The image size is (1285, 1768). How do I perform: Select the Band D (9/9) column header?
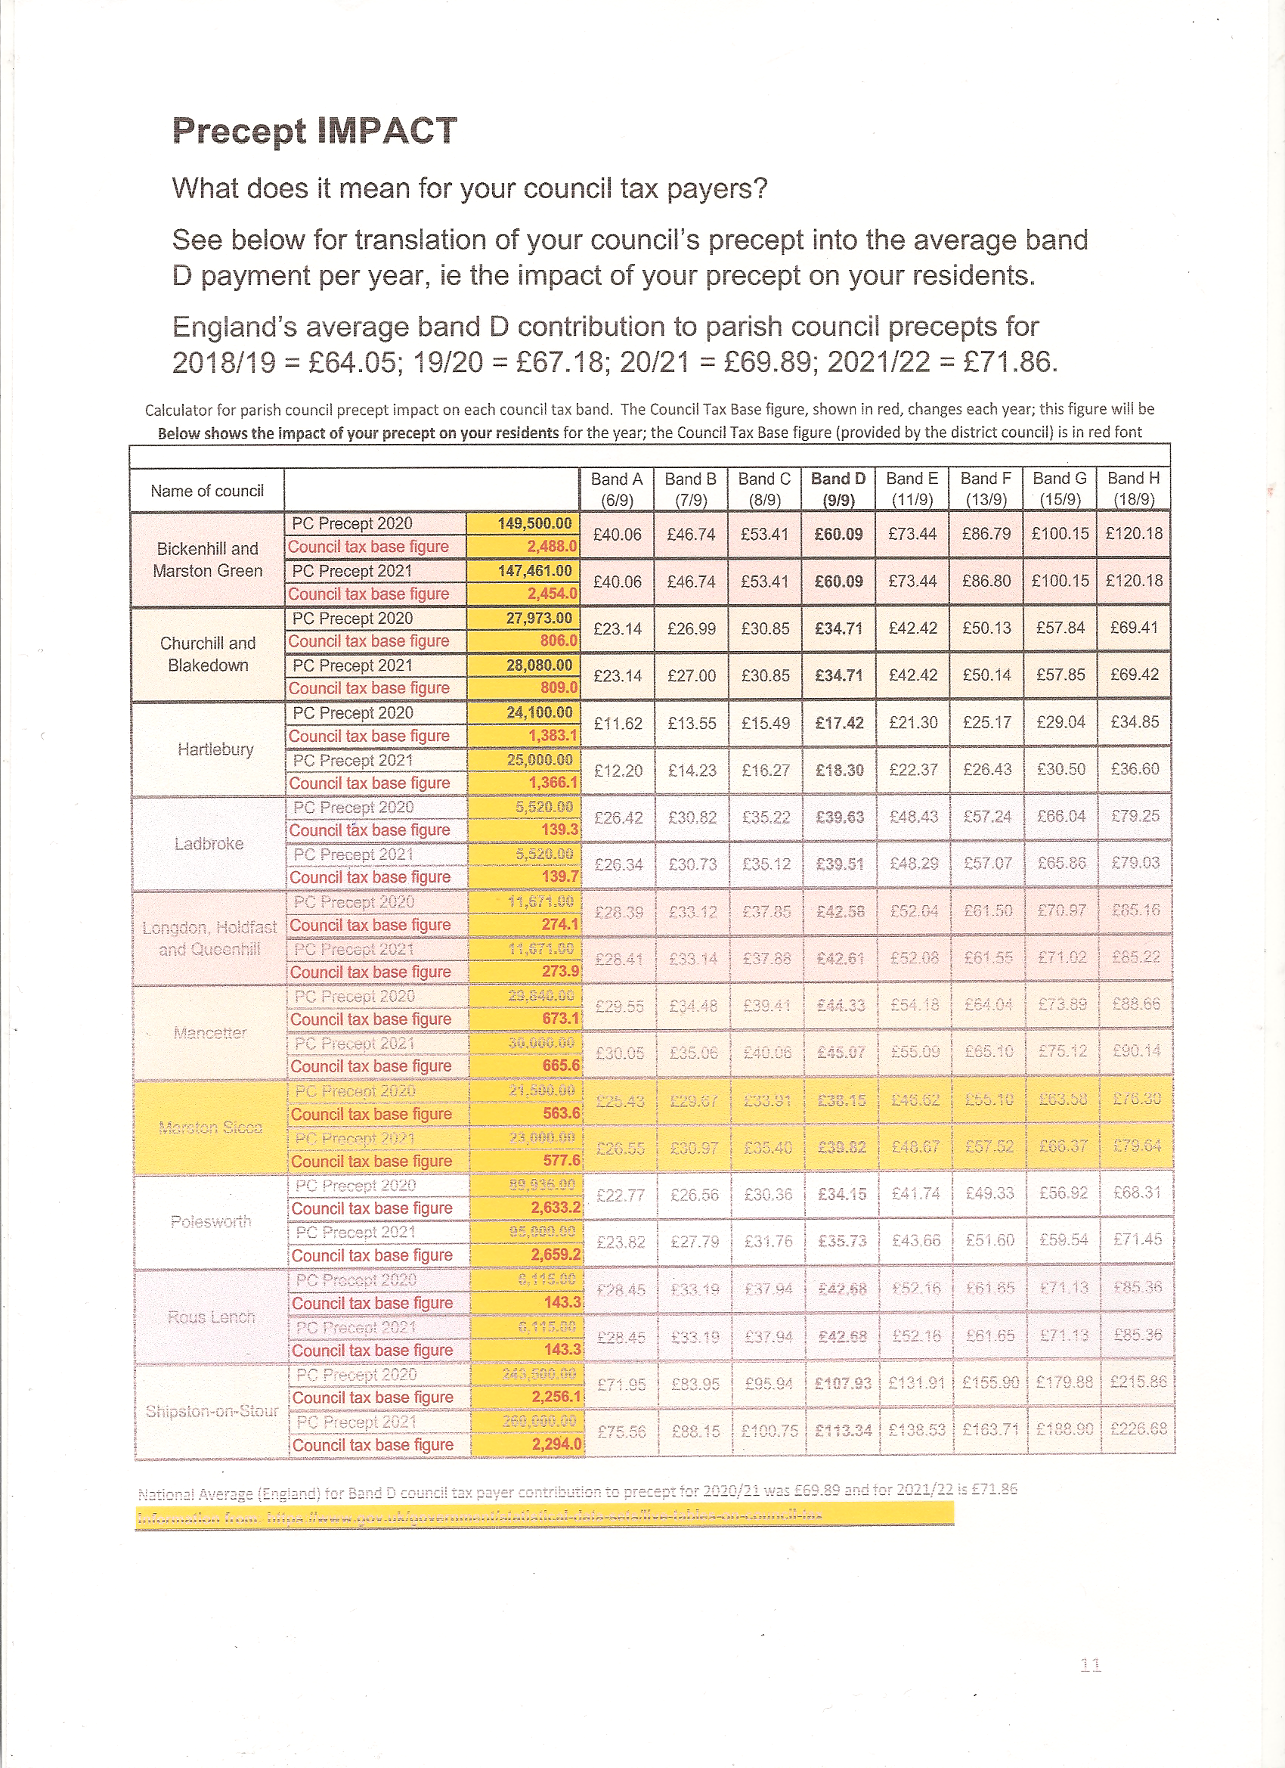[838, 489]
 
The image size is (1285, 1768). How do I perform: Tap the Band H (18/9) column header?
[1134, 489]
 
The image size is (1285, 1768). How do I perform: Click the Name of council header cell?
[207, 491]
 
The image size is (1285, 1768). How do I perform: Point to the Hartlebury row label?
[216, 749]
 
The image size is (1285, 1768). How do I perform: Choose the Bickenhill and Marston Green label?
[207, 560]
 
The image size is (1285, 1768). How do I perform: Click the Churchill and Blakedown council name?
[208, 654]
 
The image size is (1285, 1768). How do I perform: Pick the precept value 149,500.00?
[534, 524]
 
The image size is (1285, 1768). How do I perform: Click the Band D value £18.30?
[839, 770]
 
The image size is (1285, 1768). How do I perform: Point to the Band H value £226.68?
[1138, 1429]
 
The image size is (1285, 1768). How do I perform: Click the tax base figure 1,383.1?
[553, 736]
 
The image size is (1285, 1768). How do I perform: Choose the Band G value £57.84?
[1060, 628]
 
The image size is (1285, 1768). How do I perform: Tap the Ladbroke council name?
[209, 843]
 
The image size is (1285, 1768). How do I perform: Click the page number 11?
[1091, 1665]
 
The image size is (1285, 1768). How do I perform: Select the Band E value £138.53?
[916, 1431]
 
